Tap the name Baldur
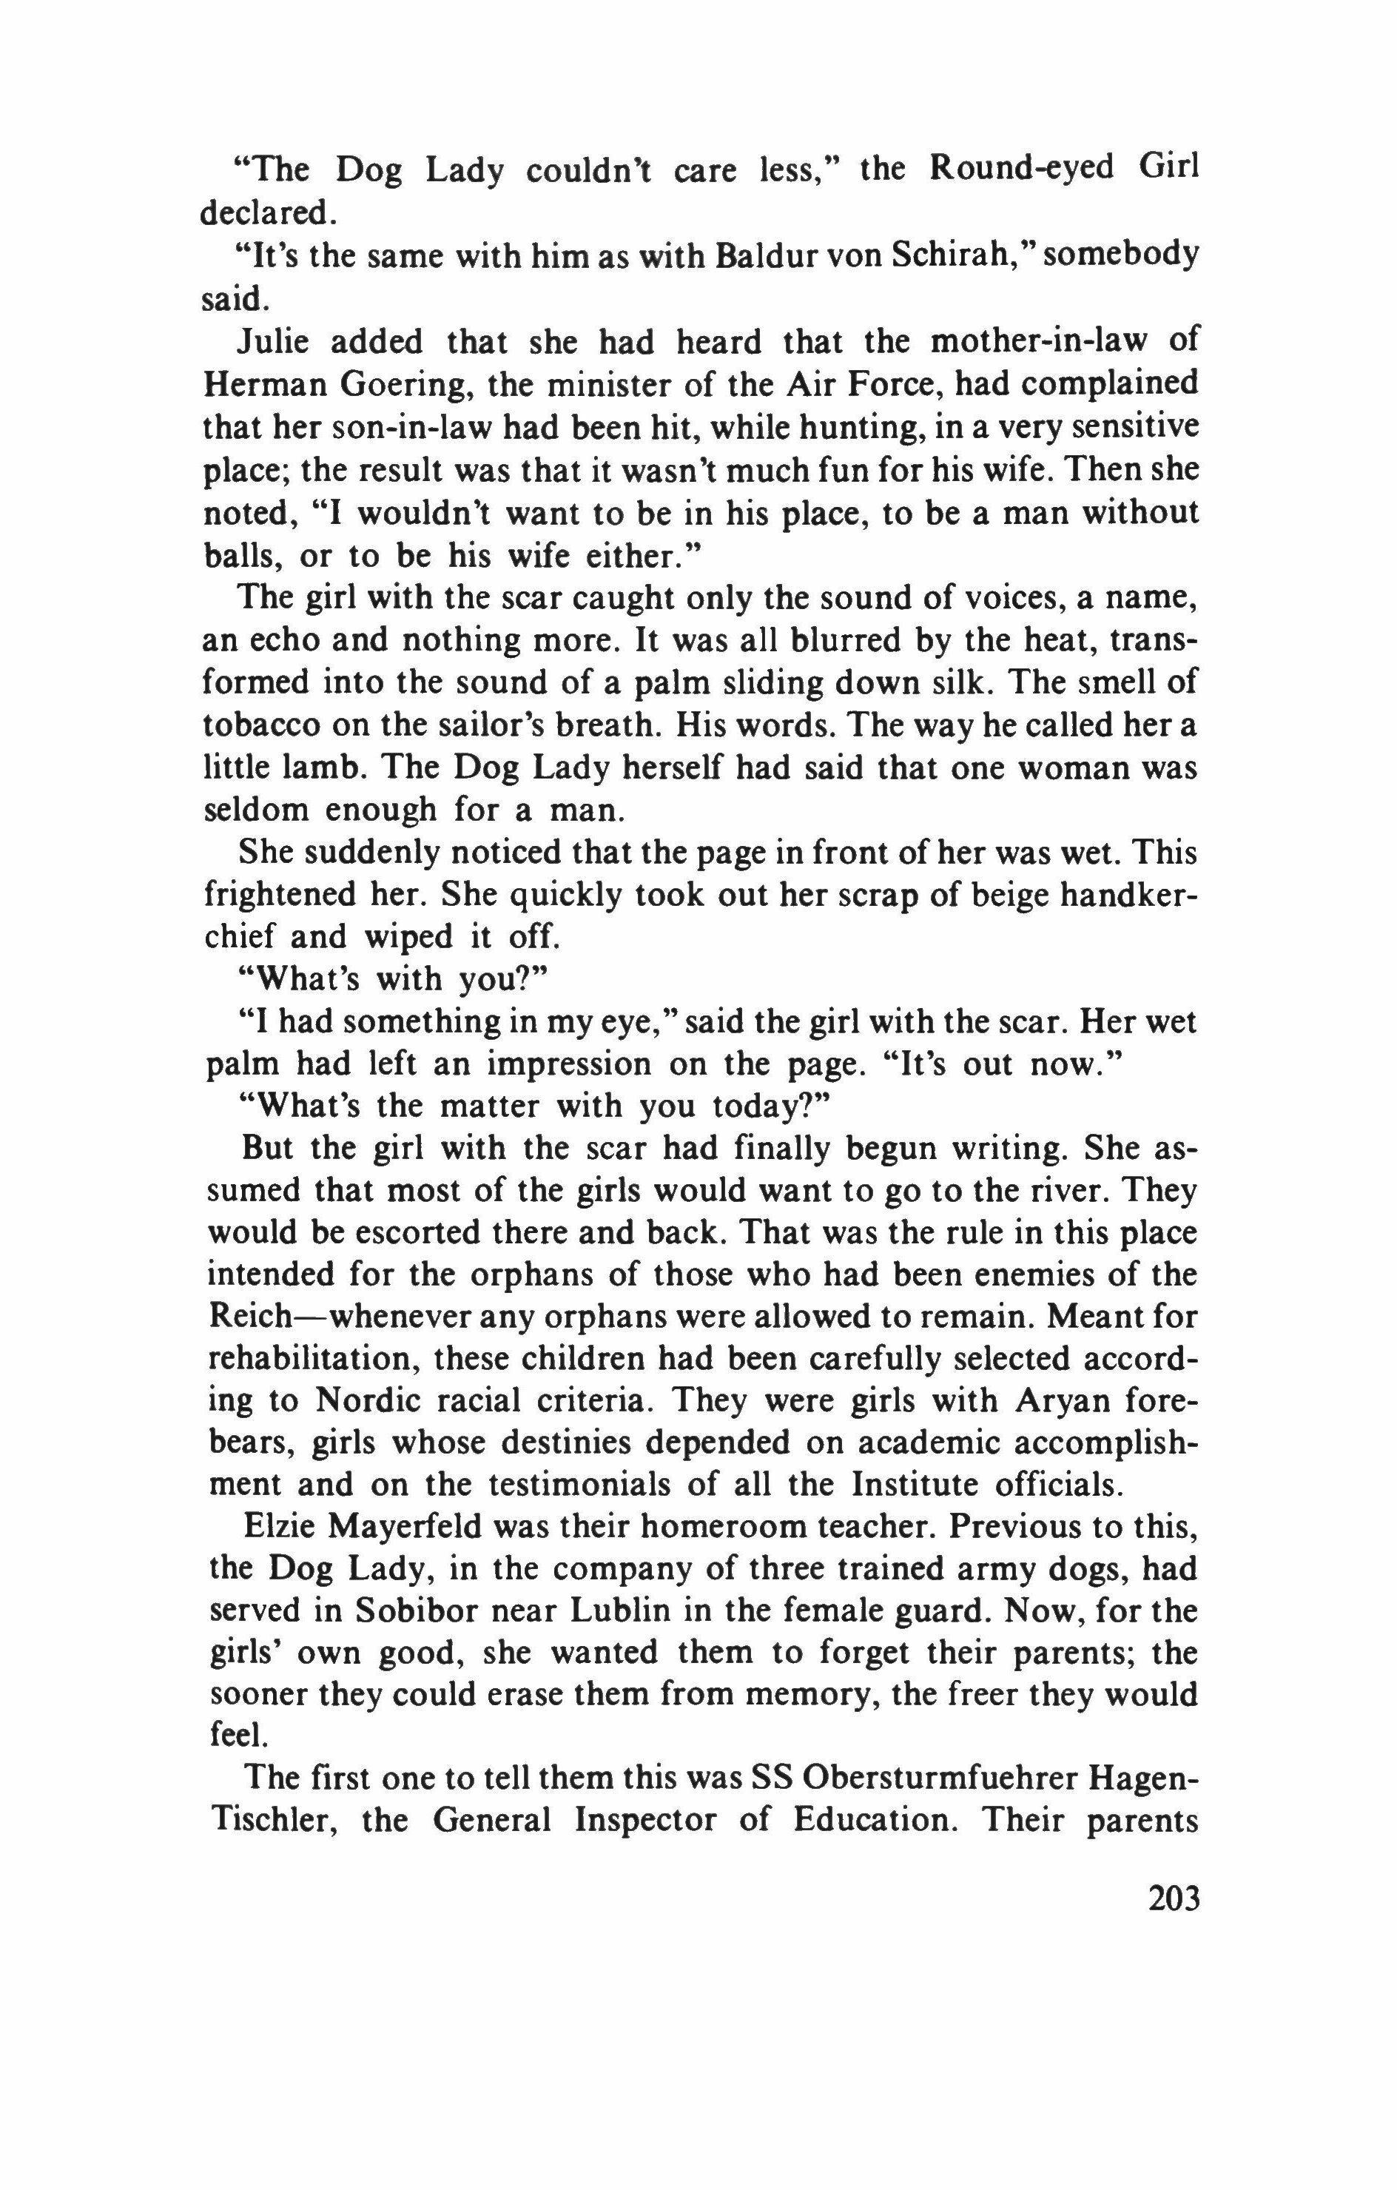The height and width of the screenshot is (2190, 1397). point(757,257)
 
